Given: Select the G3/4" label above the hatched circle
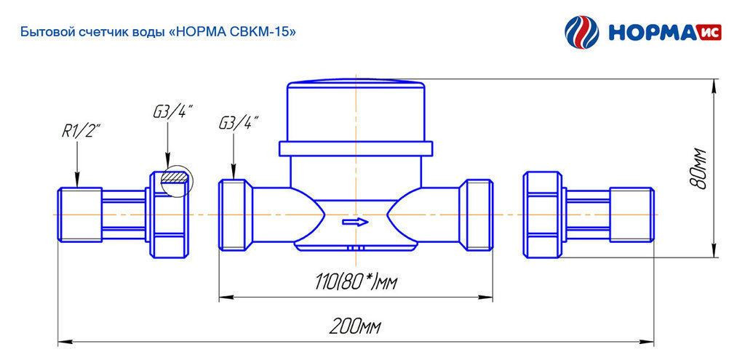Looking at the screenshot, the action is [x=172, y=113].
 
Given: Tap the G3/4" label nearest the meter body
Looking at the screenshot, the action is [x=238, y=124].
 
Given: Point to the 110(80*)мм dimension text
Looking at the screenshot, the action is [x=355, y=283].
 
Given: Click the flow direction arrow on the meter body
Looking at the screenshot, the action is [x=355, y=222].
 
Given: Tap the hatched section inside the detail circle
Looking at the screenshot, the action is [x=175, y=177].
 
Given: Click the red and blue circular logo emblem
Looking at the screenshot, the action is [x=582, y=32].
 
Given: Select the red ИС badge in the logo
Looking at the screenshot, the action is [x=709, y=33].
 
